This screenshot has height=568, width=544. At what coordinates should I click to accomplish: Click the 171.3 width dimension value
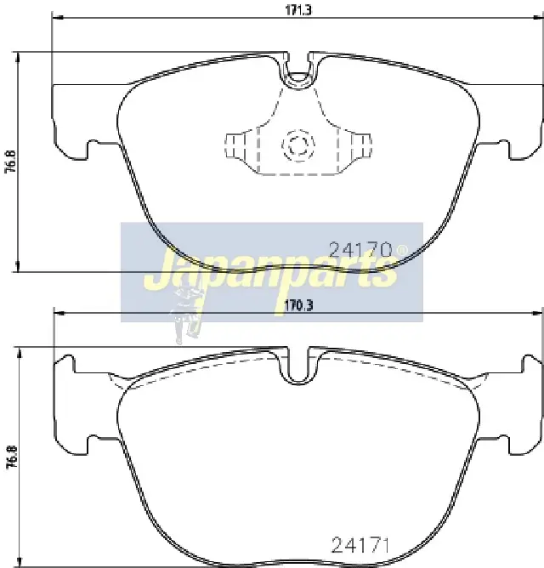pos(298,10)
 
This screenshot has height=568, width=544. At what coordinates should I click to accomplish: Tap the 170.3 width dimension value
pos(298,306)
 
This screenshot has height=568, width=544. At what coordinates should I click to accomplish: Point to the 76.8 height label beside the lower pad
pos(12,458)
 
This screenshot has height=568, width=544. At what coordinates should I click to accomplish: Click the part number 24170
pos(360,250)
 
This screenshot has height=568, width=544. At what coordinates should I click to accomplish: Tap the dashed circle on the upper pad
pos(298,145)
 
